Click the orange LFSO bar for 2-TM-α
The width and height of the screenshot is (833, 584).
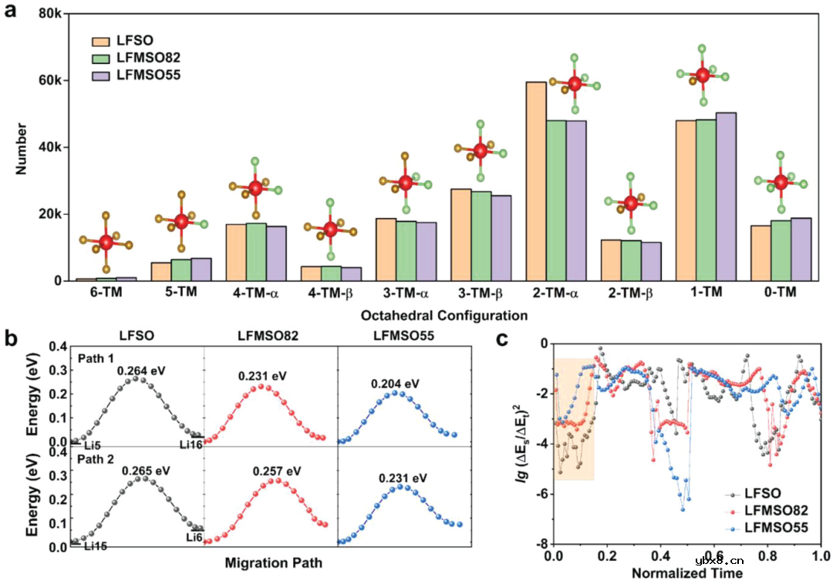536,181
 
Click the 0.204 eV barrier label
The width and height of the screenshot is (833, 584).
394,383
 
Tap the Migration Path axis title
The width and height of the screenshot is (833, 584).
273,563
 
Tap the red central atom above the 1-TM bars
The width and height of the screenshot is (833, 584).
703,75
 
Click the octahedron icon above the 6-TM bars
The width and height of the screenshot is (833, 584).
106,242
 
